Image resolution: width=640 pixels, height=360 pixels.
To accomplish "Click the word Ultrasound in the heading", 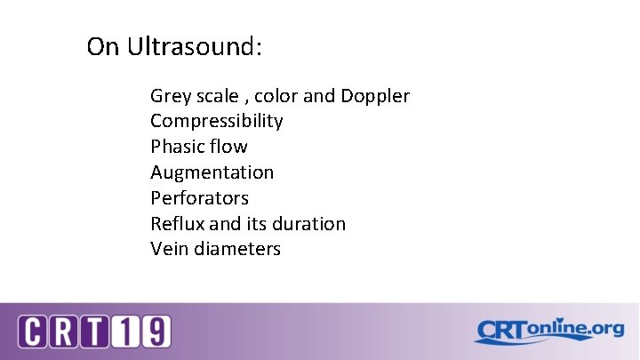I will pos(195,46).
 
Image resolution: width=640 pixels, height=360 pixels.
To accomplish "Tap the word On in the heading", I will pos(103,46).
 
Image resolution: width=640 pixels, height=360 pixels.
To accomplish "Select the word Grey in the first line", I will pos(169,96).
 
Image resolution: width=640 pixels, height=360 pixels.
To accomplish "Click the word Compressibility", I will pos(217,121).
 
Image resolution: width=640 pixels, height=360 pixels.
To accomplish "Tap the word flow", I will pos(229,147).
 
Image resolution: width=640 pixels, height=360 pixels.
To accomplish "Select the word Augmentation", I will pos(212,172).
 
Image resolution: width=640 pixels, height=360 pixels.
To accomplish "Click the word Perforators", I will pos(200,197).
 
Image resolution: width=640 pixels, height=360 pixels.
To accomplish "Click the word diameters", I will pos(236,249).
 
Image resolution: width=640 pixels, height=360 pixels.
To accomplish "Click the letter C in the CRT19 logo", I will pos(33,332).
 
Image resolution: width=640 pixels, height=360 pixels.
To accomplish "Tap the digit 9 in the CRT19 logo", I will pos(156,332).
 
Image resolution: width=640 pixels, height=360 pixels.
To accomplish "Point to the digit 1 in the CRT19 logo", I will pos(126,332).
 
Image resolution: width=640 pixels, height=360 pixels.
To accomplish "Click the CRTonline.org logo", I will pos(548,331).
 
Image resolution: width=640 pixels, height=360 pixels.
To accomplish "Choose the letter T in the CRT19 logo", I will pos(95,332).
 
